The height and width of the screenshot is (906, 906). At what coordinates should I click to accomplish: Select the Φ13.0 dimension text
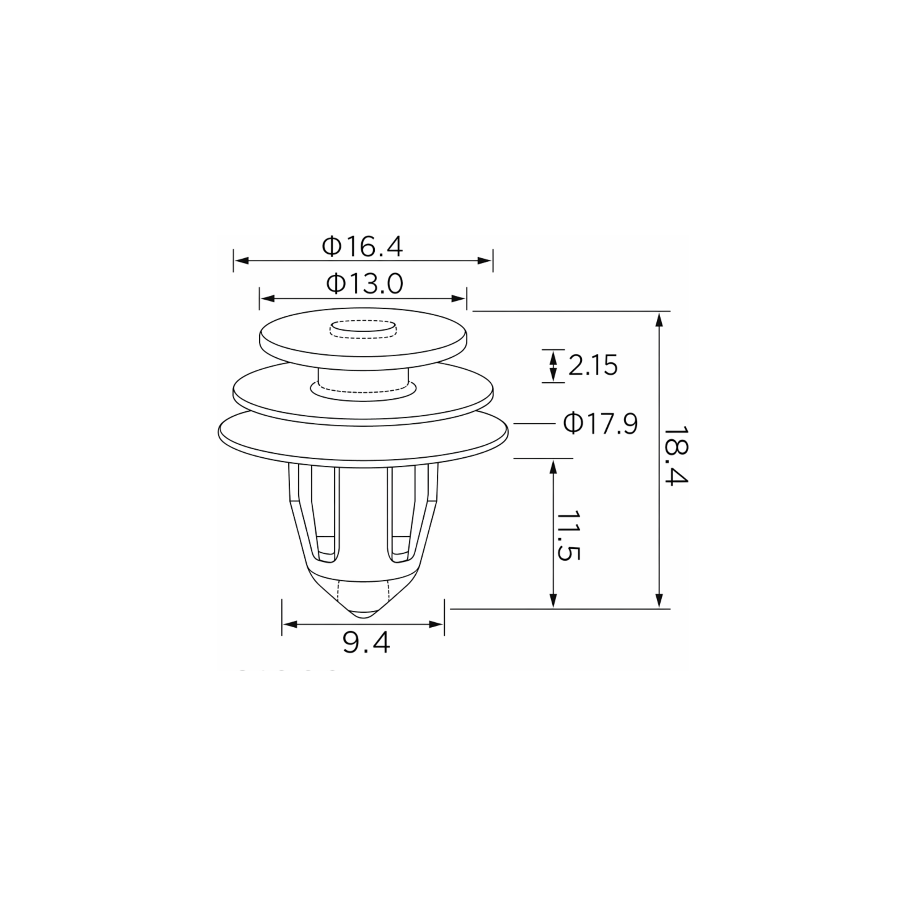coord(364,284)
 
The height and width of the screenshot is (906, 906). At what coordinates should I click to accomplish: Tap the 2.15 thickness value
coord(593,366)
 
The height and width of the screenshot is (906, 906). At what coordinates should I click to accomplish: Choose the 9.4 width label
coord(366,643)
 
